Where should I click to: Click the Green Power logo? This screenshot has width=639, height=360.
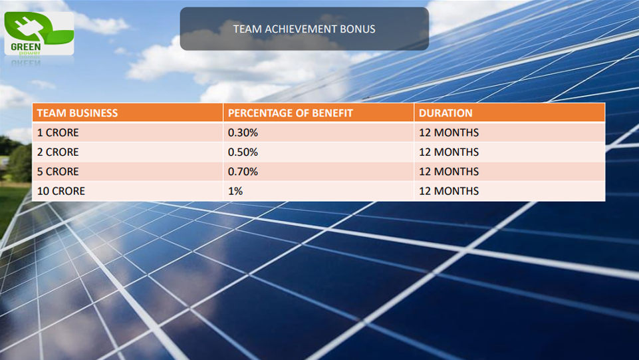pyautogui.click(x=39, y=33)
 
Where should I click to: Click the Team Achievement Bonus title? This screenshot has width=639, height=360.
pyautogui.click(x=305, y=29)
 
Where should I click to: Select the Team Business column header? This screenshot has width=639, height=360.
pyautogui.click(x=77, y=113)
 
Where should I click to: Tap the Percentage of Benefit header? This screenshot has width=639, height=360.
pyautogui.click(x=290, y=113)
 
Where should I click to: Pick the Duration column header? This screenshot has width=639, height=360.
pyautogui.click(x=446, y=113)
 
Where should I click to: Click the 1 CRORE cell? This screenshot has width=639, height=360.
pyautogui.click(x=58, y=132)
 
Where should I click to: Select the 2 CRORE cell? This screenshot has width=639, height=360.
pyautogui.click(x=58, y=152)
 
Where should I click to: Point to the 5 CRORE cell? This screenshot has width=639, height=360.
pyautogui.click(x=58, y=172)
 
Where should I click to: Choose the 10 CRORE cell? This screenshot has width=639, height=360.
pyautogui.click(x=61, y=191)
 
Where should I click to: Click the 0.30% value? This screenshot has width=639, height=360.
pyautogui.click(x=243, y=132)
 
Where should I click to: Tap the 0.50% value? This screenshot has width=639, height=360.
pyautogui.click(x=243, y=152)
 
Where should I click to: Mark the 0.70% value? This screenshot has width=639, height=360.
pyautogui.click(x=243, y=172)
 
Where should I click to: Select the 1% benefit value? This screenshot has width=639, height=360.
pyautogui.click(x=235, y=191)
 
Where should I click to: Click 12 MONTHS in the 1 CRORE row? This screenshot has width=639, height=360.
pyautogui.click(x=449, y=132)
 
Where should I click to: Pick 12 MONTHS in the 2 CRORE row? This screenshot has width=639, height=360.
pyautogui.click(x=449, y=152)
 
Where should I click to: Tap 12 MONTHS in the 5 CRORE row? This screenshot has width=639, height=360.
pyautogui.click(x=449, y=172)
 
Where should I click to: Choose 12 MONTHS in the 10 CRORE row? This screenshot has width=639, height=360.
pyautogui.click(x=449, y=191)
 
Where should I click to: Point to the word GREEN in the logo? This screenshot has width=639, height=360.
pyautogui.click(x=26, y=47)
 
